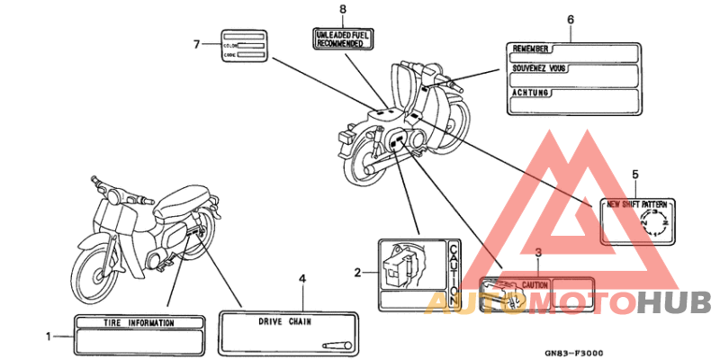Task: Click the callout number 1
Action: [48, 337]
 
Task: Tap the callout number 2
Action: [357, 272]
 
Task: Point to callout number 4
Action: [302, 278]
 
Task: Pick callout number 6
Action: [570, 19]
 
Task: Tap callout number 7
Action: [197, 42]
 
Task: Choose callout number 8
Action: [342, 9]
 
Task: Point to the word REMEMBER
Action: [530, 49]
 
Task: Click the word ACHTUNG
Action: [530, 93]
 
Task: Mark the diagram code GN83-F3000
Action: [573, 354]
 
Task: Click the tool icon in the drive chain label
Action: [336, 344]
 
